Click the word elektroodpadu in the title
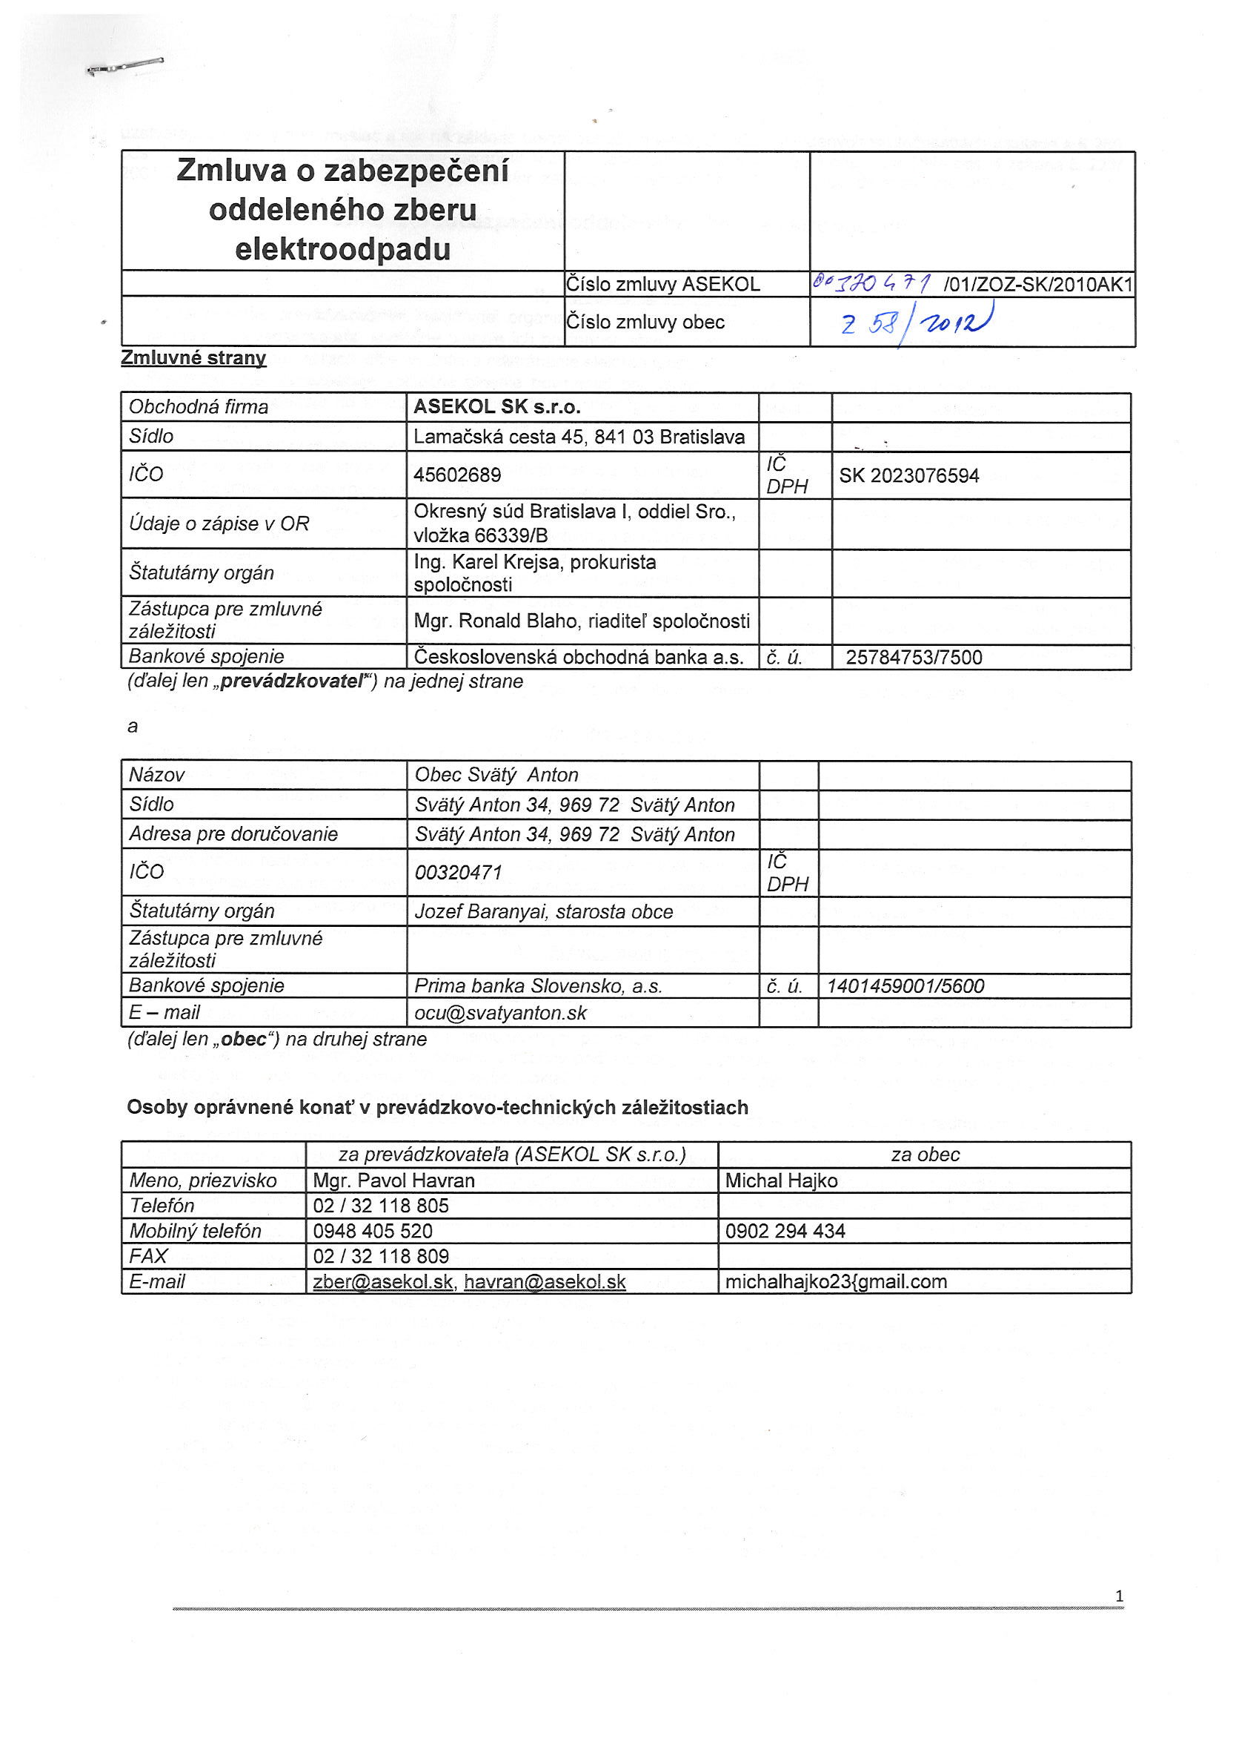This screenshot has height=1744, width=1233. click(342, 250)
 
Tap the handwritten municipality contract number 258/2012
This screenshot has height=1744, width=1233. click(917, 323)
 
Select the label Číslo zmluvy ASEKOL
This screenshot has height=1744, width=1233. click(663, 284)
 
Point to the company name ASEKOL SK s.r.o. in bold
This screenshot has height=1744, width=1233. click(496, 407)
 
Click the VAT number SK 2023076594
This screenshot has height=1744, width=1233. click(908, 476)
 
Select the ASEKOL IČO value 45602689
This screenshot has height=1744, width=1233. click(457, 475)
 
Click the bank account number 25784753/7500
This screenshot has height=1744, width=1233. click(914, 658)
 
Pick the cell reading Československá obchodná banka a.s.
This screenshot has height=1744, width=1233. click(579, 658)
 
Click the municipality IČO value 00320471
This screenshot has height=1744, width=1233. click(459, 873)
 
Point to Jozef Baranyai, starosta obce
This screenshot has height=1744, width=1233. click(544, 912)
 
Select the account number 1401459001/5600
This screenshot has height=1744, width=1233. click(905, 987)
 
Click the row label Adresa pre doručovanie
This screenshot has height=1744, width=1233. click(233, 834)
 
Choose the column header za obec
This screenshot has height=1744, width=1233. click(925, 1155)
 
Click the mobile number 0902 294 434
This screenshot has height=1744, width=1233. click(785, 1232)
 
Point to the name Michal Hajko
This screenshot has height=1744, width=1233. click(781, 1181)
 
